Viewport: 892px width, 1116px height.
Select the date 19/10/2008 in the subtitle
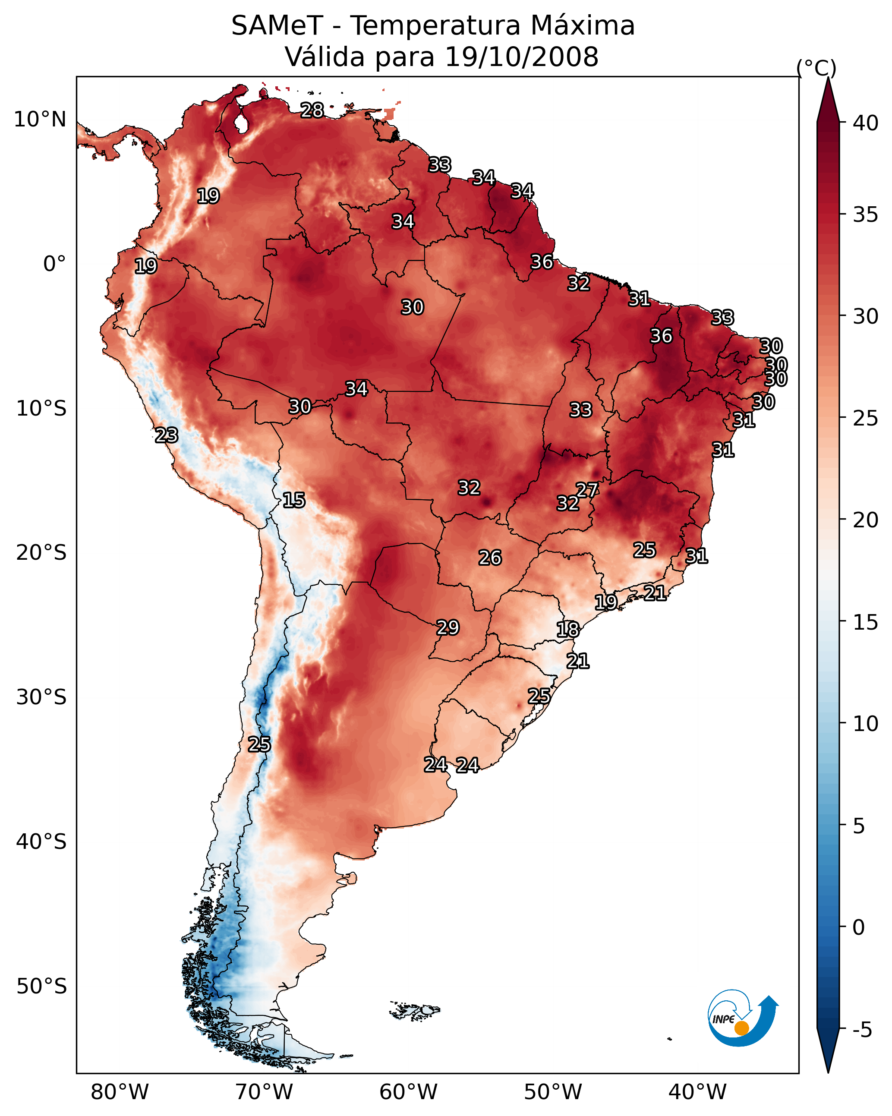click(x=521, y=57)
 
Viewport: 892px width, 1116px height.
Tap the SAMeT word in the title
click(x=277, y=26)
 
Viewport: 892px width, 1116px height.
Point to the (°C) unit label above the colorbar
click(x=816, y=68)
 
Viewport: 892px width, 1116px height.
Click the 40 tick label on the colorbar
click(x=866, y=123)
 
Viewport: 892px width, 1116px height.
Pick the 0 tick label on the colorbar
click(x=858, y=927)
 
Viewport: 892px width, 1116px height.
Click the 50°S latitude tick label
click(x=41, y=987)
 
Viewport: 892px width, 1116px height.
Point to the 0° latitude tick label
click(x=54, y=264)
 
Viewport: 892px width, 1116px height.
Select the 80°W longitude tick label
click(x=120, y=1092)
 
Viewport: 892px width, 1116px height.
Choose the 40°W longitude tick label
click(x=697, y=1092)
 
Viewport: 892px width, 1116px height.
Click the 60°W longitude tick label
click(x=409, y=1092)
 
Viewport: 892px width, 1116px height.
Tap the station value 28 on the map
click(x=312, y=110)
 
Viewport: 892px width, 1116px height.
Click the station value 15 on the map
click(x=294, y=500)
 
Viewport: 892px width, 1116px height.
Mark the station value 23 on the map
click(x=167, y=435)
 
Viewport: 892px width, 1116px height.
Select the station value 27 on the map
click(x=587, y=490)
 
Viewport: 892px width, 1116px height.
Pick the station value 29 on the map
click(x=448, y=627)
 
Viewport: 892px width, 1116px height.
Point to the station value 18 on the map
click(x=568, y=630)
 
